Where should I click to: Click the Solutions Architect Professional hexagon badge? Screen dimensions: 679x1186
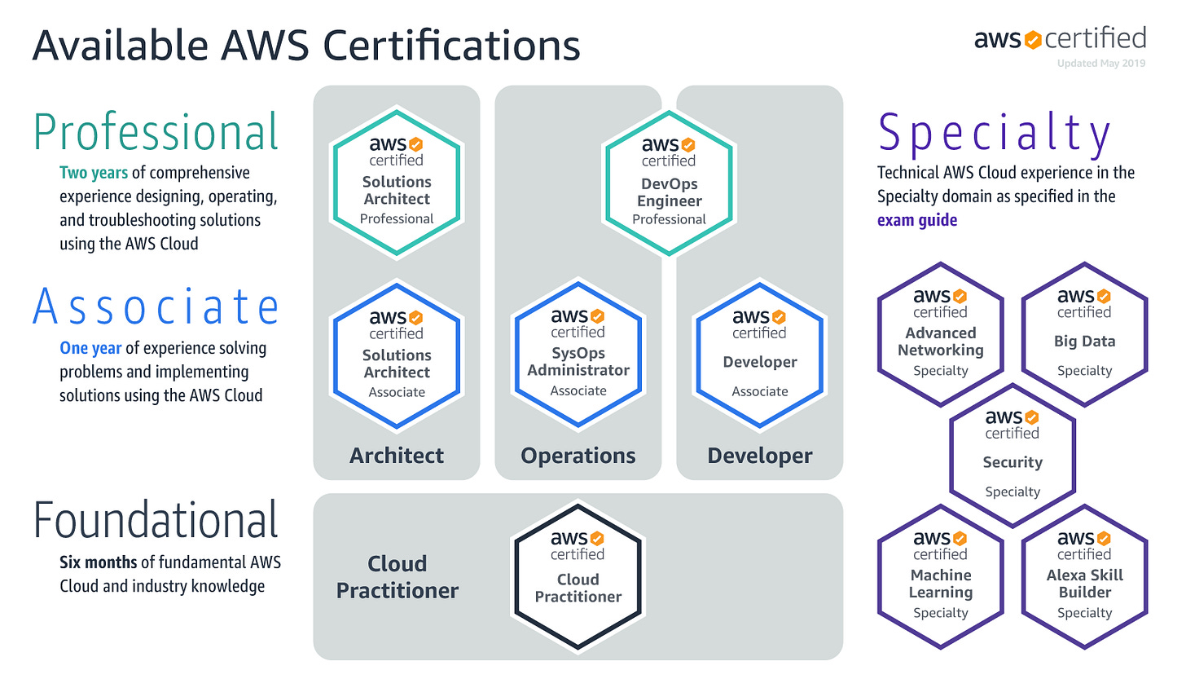[x=397, y=183]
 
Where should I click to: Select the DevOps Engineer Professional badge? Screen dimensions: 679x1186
[x=670, y=183]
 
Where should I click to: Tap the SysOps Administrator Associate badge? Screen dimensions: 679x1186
[x=578, y=355]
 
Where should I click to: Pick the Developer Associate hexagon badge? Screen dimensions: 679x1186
[x=760, y=355]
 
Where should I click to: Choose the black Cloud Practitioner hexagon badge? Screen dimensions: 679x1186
[x=578, y=576]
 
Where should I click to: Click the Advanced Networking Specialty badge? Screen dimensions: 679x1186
[x=941, y=334]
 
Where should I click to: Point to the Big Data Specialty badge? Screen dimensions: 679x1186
[x=1084, y=334]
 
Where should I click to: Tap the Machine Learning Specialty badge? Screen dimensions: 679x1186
[x=941, y=576]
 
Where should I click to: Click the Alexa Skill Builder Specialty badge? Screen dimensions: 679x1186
[x=1084, y=576]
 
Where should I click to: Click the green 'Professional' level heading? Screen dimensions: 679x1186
[x=156, y=132]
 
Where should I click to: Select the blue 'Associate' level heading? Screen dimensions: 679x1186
[x=156, y=306]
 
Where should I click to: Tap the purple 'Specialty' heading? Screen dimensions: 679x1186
[x=995, y=133]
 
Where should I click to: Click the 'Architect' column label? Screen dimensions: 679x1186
[x=397, y=456]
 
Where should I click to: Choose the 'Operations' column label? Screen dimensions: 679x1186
[x=578, y=456]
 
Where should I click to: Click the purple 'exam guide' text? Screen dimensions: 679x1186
[x=917, y=220]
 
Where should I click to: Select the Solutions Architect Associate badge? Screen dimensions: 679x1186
[x=397, y=355]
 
